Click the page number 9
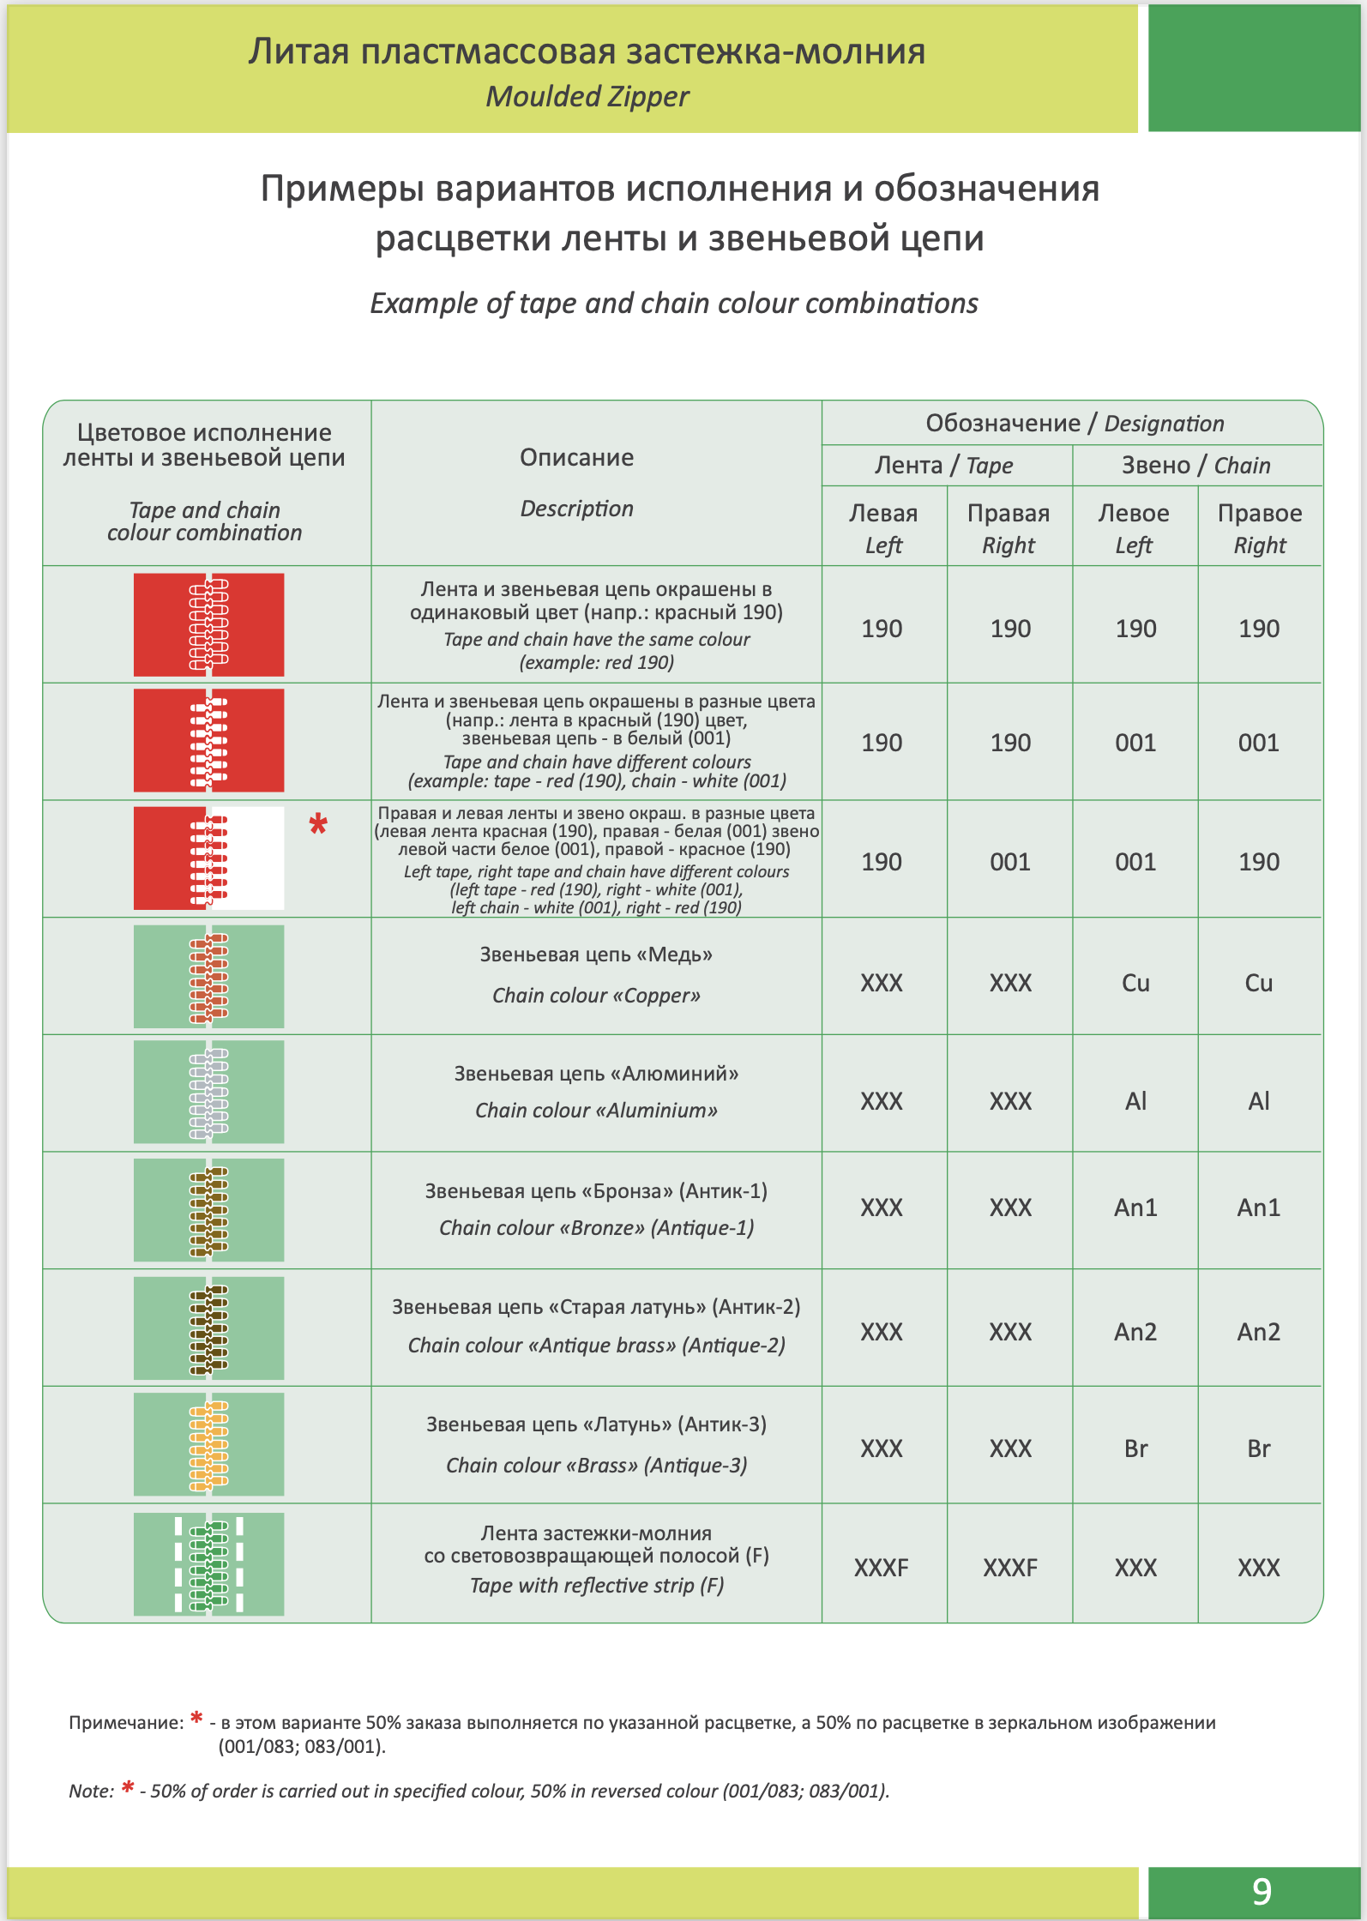(x=1262, y=1891)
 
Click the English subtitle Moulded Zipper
(x=587, y=97)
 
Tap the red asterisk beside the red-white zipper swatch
(x=318, y=825)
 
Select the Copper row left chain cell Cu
(x=1135, y=983)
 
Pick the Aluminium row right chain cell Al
(x=1258, y=1101)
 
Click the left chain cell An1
(x=1135, y=1207)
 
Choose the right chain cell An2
(x=1258, y=1332)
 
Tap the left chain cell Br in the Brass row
(x=1135, y=1448)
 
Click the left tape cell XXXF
(x=882, y=1568)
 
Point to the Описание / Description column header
(x=577, y=482)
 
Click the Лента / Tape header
(x=943, y=466)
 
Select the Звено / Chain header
(x=1196, y=466)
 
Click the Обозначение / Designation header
(x=1075, y=424)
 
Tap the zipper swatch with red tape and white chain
(x=208, y=740)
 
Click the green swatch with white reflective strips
(x=208, y=1564)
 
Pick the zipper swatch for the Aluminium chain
(x=208, y=1092)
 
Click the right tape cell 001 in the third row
(x=1010, y=862)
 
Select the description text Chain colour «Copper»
(x=596, y=996)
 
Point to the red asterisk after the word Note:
(x=128, y=1788)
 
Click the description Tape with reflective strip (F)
(x=596, y=1586)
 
